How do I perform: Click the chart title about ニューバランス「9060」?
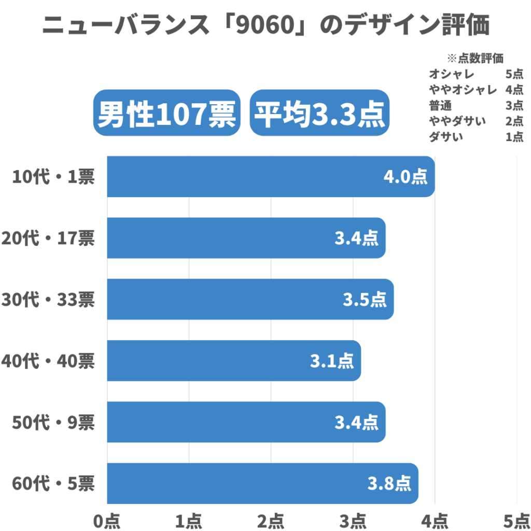265,25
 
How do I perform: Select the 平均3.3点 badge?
320,113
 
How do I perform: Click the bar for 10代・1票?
270,177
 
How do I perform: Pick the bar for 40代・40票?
233,360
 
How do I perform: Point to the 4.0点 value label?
406,177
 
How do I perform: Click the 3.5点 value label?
365,299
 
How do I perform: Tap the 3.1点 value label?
332,360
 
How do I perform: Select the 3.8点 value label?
389,483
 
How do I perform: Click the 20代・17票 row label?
48,238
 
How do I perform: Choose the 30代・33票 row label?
48,299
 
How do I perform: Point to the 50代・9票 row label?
53,422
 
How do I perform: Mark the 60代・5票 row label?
53,483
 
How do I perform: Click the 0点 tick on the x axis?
107,520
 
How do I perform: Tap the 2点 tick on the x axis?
271,520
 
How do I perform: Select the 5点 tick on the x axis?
516,520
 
